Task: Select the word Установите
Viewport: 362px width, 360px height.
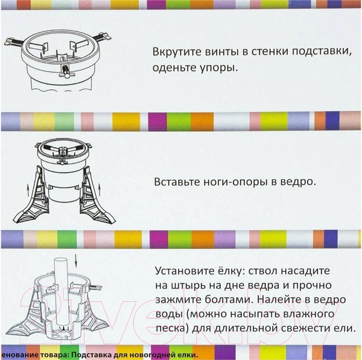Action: (x=183, y=270)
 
